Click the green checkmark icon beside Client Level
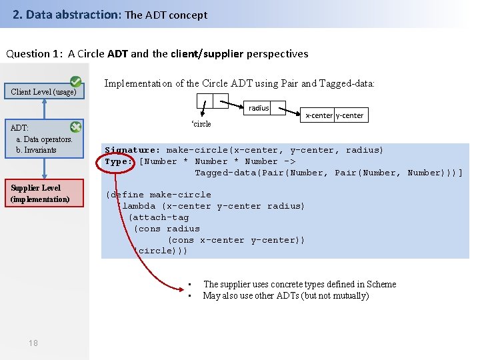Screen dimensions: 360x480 coord(76,82)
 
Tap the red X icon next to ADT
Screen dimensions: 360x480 coord(76,126)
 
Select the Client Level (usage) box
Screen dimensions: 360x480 coord(43,92)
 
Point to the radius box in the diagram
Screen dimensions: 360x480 coord(259,108)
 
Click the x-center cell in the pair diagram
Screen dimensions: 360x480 coord(319,115)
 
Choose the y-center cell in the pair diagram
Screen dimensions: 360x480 coord(349,115)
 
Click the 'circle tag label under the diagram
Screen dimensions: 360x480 coord(201,124)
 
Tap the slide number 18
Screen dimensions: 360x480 coord(33,343)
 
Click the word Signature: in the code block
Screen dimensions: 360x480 coord(132,150)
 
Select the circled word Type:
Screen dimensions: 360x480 coord(119,161)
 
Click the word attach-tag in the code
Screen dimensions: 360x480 coord(159,217)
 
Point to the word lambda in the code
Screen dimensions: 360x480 coord(139,206)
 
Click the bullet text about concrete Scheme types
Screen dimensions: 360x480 coord(299,285)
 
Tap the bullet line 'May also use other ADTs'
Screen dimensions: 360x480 coord(285,296)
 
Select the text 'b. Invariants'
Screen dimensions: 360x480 coord(36,150)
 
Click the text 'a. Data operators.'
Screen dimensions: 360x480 coord(44,139)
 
